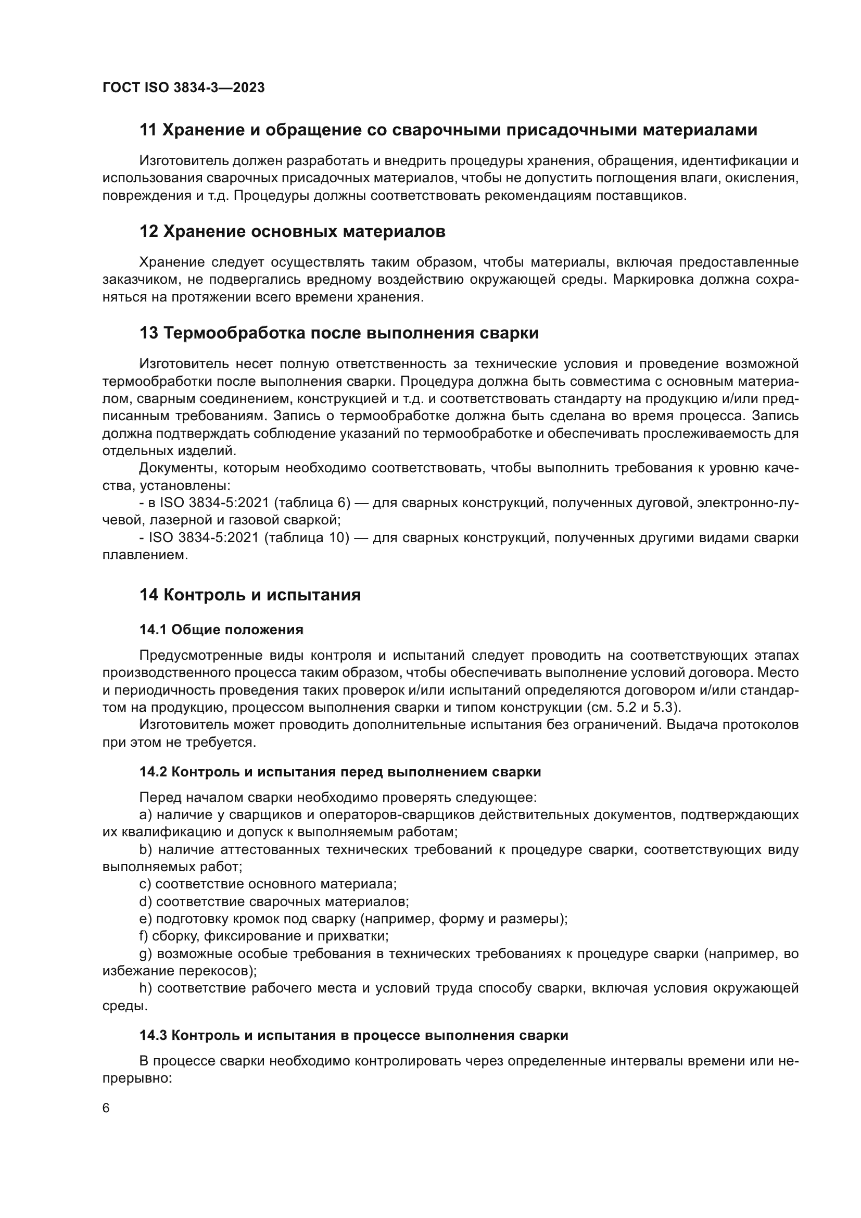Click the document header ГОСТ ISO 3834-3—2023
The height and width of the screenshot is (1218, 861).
click(x=183, y=87)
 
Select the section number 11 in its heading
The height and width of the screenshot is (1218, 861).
click(x=148, y=130)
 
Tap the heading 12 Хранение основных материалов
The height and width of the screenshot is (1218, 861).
click(x=292, y=232)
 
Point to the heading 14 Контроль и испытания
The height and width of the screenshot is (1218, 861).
click(x=250, y=595)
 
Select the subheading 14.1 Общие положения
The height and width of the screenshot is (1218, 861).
click(x=221, y=630)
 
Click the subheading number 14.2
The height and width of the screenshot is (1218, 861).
click(x=153, y=772)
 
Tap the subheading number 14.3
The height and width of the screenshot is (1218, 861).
click(x=153, y=1036)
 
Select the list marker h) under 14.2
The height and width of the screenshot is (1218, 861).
click(x=146, y=988)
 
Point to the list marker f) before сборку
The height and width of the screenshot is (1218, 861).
click(x=144, y=936)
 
